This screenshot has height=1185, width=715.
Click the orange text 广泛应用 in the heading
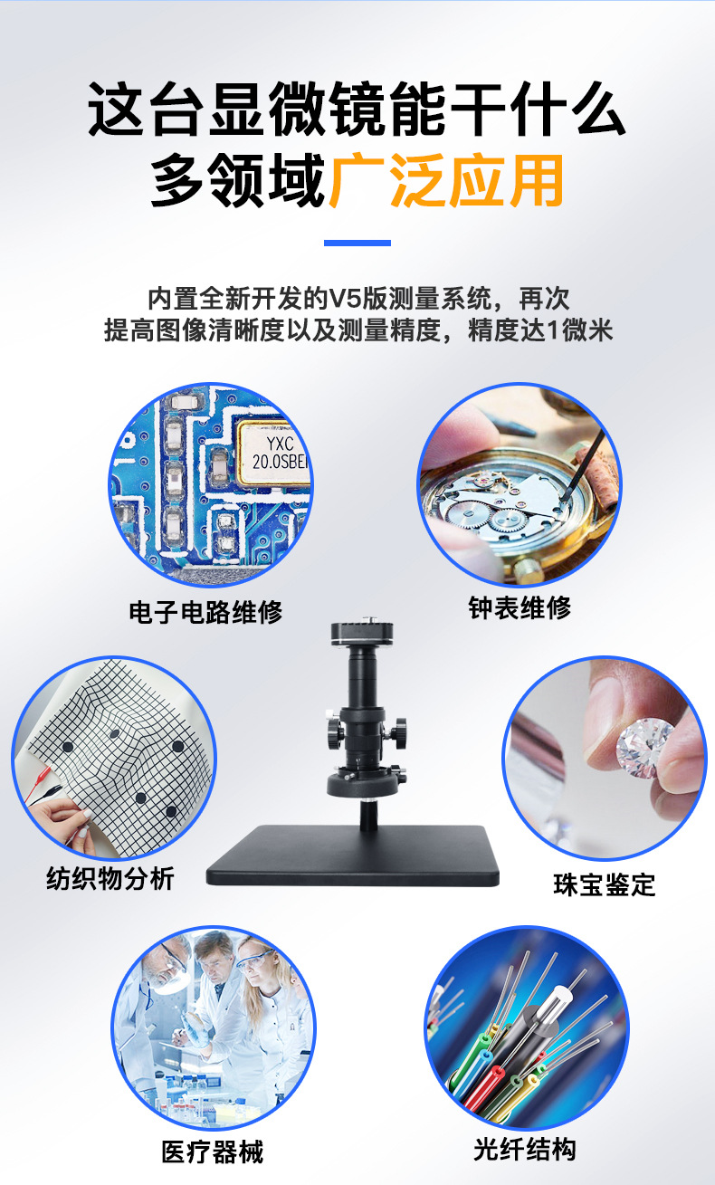click(446, 180)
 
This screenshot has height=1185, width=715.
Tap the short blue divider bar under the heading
click(357, 243)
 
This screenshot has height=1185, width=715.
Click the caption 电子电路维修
click(205, 612)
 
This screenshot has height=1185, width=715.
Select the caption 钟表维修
click(520, 607)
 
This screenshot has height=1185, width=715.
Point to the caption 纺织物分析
click(110, 879)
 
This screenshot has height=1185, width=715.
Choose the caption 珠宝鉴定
click(605, 884)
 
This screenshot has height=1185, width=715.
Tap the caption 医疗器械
click(213, 1152)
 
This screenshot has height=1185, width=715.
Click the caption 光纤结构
click(525, 1149)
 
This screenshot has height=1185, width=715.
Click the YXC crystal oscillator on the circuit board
click(273, 454)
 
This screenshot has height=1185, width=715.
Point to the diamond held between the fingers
click(643, 748)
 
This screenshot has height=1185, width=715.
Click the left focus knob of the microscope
click(335, 732)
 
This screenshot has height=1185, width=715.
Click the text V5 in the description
click(346, 299)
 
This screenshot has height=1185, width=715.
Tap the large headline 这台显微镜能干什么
click(357, 109)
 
